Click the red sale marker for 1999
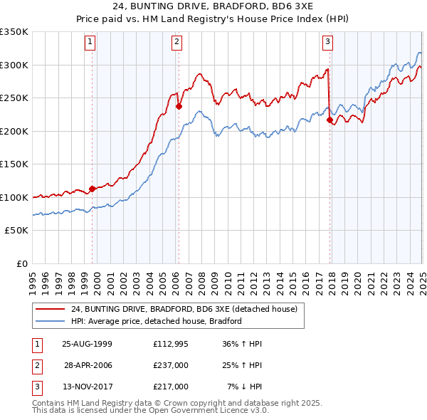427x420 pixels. pyautogui.click(x=93, y=189)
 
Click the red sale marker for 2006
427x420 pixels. pyautogui.click(x=179, y=107)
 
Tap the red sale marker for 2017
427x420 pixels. pyautogui.click(x=330, y=120)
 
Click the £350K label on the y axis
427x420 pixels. pyautogui.click(x=14, y=32)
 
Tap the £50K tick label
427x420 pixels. pyautogui.click(x=17, y=231)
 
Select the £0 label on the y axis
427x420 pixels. pyautogui.click(x=21, y=263)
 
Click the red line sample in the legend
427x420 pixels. pyautogui.click(x=49, y=310)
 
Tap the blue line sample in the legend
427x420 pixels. pyautogui.click(x=49, y=321)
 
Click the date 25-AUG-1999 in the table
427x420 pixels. pyautogui.click(x=88, y=344)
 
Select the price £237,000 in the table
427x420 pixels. pyautogui.click(x=171, y=365)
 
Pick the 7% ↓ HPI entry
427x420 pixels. pyautogui.click(x=245, y=387)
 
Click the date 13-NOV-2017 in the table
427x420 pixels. pyautogui.click(x=88, y=387)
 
